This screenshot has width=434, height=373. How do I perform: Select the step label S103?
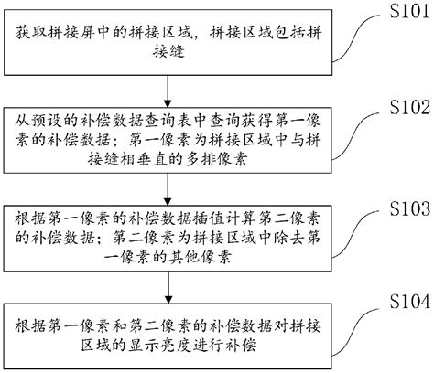click(401, 209)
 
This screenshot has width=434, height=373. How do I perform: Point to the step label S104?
click(401, 299)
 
